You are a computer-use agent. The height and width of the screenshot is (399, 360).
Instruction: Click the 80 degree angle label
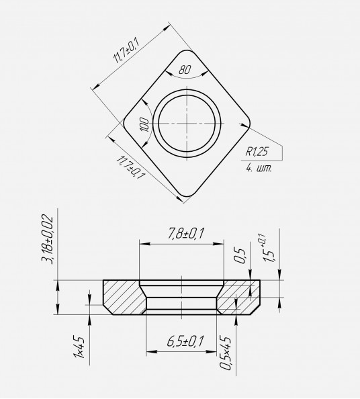tap(184, 69)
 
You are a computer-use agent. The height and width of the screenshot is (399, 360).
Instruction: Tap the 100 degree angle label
tap(145, 124)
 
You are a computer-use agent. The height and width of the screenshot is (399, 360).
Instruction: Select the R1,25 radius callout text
tap(257, 152)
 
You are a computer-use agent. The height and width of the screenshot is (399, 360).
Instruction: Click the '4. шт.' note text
tap(259, 168)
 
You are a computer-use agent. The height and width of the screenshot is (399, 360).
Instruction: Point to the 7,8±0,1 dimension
tap(185, 234)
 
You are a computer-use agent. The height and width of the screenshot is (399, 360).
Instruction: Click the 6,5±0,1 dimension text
tap(185, 341)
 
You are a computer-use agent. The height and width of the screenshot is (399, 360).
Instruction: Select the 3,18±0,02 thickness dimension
tap(47, 240)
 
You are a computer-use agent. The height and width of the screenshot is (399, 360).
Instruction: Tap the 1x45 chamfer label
tap(79, 347)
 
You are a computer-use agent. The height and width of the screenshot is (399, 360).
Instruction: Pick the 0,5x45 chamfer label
tap(226, 353)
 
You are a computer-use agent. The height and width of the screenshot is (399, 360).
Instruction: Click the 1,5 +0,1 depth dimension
tap(269, 248)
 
